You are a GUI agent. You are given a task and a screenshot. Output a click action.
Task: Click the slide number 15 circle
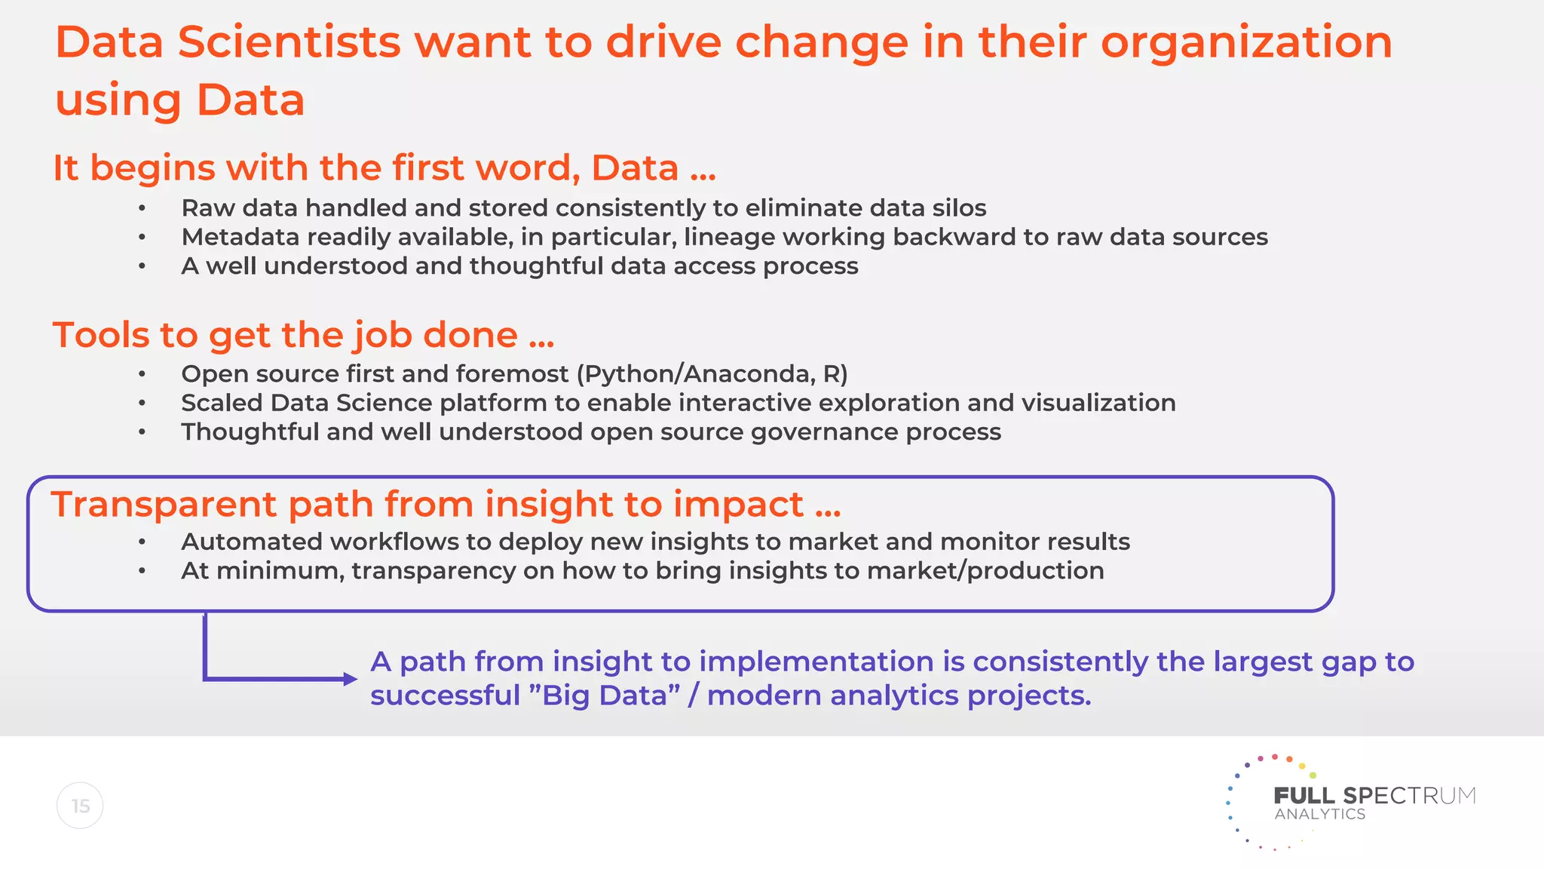click(80, 806)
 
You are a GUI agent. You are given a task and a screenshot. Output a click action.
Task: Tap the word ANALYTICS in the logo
click(1319, 815)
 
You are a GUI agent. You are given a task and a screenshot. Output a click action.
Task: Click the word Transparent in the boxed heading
click(164, 504)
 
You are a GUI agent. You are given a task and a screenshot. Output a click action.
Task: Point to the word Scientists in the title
click(289, 42)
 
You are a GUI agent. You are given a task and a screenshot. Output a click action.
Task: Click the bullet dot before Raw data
click(142, 208)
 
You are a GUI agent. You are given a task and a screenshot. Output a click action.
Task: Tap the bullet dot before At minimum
click(142, 571)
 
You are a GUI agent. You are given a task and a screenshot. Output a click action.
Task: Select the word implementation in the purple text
click(816, 662)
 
